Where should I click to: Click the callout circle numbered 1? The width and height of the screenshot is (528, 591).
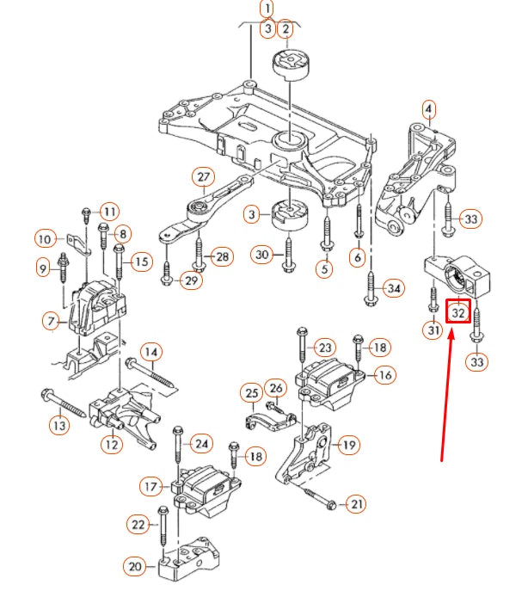(x=267, y=10)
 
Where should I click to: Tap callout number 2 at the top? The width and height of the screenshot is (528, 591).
(x=285, y=29)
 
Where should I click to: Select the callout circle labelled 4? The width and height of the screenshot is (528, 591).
(x=428, y=109)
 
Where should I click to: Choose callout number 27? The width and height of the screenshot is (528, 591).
(x=203, y=177)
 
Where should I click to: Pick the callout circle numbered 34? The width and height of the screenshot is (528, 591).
(x=393, y=287)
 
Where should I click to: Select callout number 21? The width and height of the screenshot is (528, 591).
(x=356, y=504)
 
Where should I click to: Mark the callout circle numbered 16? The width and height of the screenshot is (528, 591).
(x=384, y=375)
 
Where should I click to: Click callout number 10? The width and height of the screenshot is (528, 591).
(x=46, y=237)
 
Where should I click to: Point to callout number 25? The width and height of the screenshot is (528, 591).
(x=251, y=394)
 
